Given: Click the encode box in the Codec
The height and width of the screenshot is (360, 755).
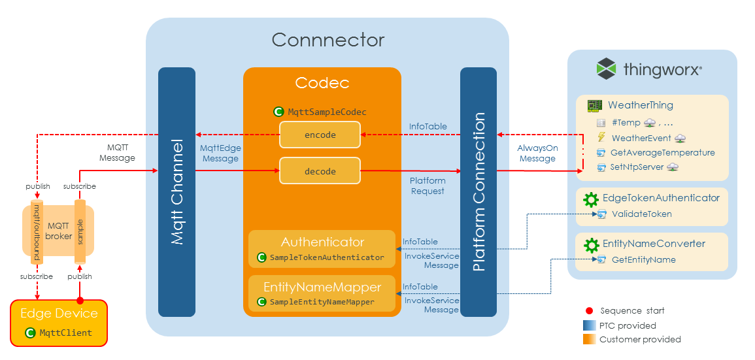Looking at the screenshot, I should click(320, 135).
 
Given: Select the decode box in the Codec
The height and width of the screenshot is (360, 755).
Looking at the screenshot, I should click(320, 171).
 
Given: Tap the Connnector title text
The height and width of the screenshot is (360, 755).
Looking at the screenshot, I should click(328, 40).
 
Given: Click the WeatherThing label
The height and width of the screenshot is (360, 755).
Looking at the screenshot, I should click(640, 105).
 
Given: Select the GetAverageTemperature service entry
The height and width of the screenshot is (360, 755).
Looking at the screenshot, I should click(662, 152).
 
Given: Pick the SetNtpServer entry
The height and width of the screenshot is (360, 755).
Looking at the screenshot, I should click(637, 167).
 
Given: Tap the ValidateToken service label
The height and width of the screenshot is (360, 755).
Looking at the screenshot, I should click(641, 214).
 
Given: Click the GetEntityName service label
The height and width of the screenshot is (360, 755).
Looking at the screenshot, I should click(643, 259).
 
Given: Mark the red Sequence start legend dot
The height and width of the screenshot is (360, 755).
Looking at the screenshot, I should click(589, 310).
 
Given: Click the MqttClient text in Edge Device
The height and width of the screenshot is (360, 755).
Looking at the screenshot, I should click(65, 333).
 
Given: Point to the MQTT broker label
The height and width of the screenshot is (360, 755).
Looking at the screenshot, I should click(58, 231).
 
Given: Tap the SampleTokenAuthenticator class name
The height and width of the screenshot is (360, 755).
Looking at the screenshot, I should click(327, 257).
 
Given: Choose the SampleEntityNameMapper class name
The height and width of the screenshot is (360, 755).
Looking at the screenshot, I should click(322, 302).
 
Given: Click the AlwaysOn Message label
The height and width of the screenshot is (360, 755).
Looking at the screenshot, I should click(537, 154).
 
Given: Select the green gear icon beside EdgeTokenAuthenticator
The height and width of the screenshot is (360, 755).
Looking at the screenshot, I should click(591, 199).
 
